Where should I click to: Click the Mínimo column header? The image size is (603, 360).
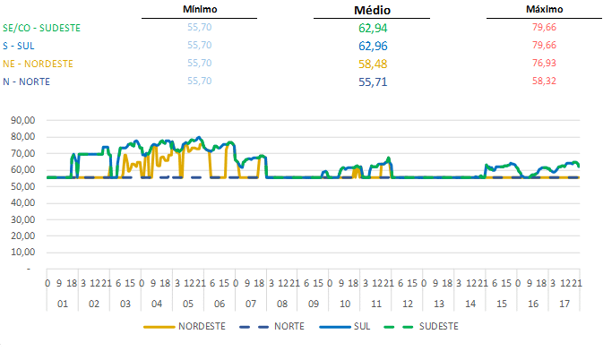coord(200,8)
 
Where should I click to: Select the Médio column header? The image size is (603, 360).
coord(372,10)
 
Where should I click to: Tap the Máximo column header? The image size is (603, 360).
coord(544,8)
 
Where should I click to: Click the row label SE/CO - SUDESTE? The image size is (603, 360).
coord(41,28)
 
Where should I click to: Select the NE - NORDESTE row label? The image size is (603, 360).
coord(38,64)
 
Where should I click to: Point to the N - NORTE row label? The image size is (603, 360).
coord(26,81)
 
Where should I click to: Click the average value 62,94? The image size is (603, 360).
coord(372,28)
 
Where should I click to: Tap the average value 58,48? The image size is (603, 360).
coord(372,64)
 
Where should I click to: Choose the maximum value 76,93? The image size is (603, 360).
coord(544,64)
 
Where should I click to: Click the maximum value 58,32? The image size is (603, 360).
coord(544,81)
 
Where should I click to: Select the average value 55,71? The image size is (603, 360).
coord(372,81)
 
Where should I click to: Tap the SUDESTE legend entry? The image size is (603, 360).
coord(436,326)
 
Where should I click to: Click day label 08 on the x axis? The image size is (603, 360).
coord(281,304)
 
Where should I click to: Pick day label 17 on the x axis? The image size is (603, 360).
coord(564,304)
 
